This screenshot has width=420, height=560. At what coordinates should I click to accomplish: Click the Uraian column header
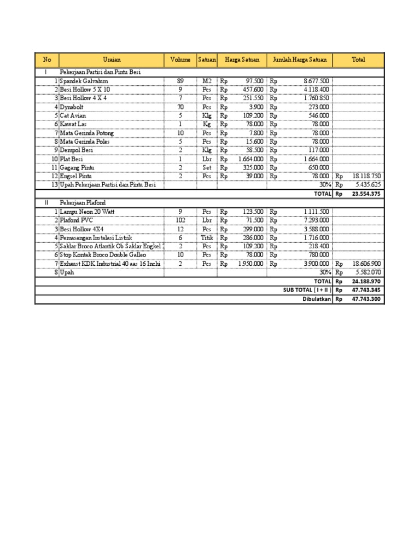click(x=112, y=60)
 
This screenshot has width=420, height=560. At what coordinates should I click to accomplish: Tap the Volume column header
click(x=180, y=60)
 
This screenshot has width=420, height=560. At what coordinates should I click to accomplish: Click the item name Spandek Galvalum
click(x=84, y=81)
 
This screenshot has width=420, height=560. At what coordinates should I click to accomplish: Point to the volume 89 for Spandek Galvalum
click(x=180, y=81)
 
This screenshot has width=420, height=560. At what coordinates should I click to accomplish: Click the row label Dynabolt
click(x=73, y=107)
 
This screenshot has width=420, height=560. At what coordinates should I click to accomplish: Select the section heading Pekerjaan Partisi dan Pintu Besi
click(x=104, y=72)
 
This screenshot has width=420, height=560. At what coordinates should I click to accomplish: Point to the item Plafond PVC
click(x=77, y=220)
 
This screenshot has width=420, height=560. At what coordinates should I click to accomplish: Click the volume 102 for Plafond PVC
click(x=180, y=220)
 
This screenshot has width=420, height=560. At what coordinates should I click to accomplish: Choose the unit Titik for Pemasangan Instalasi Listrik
click(x=207, y=238)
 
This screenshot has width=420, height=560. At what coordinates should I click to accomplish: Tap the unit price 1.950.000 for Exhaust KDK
click(x=250, y=264)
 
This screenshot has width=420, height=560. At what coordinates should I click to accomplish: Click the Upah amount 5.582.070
click(x=366, y=272)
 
